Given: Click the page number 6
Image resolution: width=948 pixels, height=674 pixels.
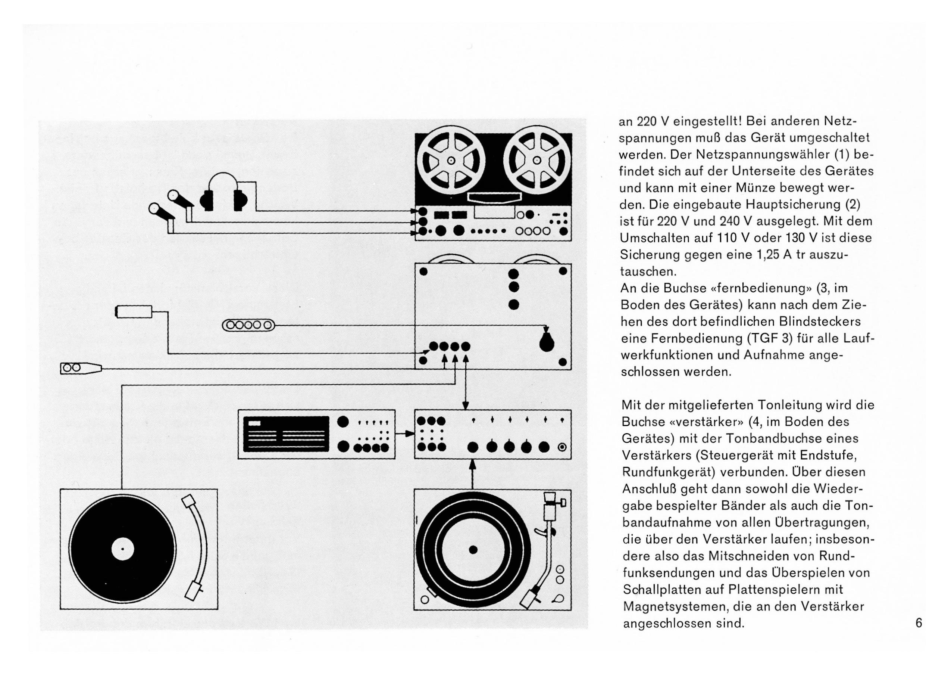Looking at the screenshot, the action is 919,623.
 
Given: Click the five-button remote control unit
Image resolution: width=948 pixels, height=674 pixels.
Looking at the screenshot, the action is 249,325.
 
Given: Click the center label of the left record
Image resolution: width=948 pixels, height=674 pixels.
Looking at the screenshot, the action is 123,550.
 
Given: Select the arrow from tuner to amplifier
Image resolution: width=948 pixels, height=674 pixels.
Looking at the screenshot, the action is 405,434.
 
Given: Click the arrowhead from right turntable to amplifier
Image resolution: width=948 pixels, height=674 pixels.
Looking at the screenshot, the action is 472,464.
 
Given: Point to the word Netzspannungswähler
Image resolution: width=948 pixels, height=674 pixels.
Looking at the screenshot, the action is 740,154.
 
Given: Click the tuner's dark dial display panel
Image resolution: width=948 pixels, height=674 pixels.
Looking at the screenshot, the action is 286,434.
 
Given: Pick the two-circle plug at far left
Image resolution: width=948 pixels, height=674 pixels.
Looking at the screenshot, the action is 81,368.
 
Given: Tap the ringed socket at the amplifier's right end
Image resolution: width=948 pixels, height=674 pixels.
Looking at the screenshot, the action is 562,447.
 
